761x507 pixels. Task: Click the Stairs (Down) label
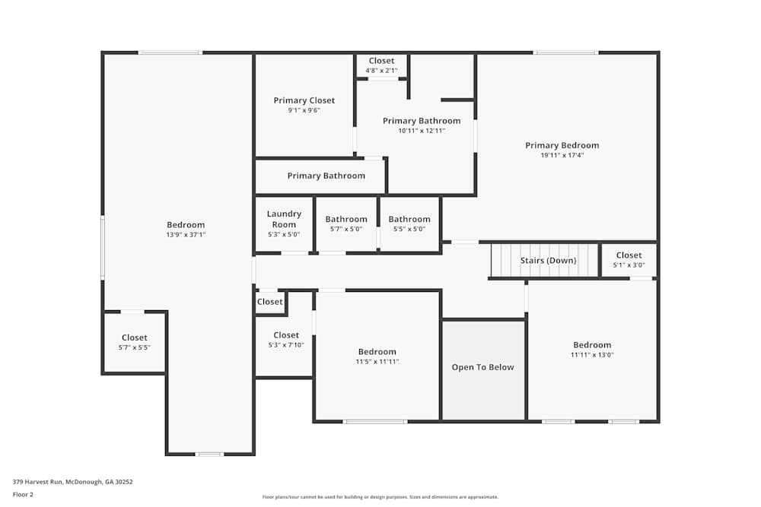pyautogui.click(x=548, y=261)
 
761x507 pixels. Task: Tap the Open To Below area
pyautogui.click(x=483, y=367)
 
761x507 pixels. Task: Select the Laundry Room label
pyautogui.click(x=284, y=219)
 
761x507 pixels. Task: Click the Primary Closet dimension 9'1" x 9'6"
pyautogui.click(x=304, y=110)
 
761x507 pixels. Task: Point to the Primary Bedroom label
pyautogui.click(x=562, y=145)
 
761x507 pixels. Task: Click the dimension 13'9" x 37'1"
pyautogui.click(x=186, y=235)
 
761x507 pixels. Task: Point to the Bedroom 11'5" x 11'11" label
pyautogui.click(x=377, y=352)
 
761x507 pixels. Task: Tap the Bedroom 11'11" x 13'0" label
pyautogui.click(x=592, y=345)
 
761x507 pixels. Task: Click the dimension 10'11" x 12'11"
pyautogui.click(x=422, y=131)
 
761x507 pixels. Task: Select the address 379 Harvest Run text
pyautogui.click(x=73, y=481)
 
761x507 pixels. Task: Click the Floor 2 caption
pyautogui.click(x=23, y=494)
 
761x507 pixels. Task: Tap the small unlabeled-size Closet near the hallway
pyautogui.click(x=269, y=302)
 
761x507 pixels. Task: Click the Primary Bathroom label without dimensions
pyautogui.click(x=326, y=176)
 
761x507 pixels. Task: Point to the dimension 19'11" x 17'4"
pyautogui.click(x=562, y=155)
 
